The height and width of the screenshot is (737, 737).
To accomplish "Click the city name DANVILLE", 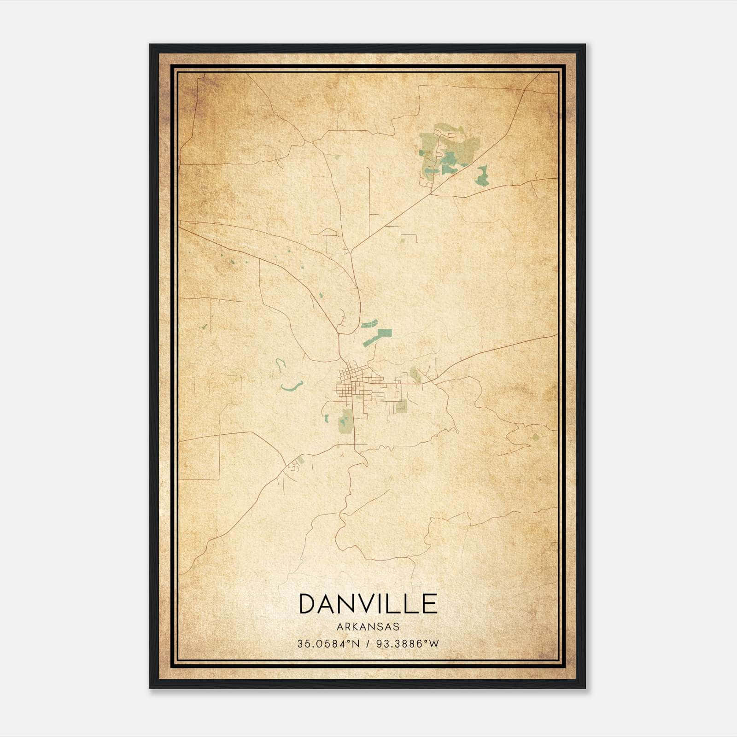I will click(368, 604).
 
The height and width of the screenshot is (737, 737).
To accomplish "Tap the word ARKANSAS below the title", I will click(368, 626).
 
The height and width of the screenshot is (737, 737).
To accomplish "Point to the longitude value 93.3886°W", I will click(408, 644).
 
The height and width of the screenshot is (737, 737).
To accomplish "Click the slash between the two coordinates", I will click(367, 644).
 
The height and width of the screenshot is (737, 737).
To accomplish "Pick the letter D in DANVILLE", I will click(308, 604).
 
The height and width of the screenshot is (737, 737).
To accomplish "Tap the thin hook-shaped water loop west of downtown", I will click(279, 365).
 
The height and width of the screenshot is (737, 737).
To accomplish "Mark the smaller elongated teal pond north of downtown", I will click(369, 323).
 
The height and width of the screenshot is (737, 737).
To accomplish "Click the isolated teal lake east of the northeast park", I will click(482, 176).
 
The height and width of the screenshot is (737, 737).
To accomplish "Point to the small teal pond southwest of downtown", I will click(327, 418).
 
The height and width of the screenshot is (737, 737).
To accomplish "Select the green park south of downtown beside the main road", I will click(345, 420).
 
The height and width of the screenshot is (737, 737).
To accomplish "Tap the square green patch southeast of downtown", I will click(402, 406).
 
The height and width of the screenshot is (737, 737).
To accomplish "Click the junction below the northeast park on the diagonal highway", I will click(431, 193).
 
